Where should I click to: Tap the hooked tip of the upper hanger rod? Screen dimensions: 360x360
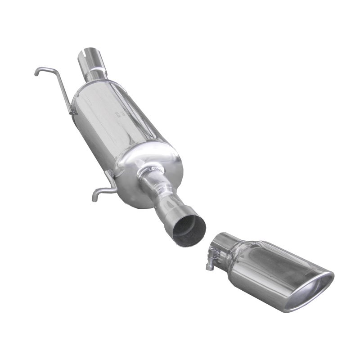(x=36, y=72)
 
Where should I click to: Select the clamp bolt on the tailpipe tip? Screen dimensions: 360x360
(x=211, y=261)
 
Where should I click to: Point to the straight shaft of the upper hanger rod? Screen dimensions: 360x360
(x=63, y=90)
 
